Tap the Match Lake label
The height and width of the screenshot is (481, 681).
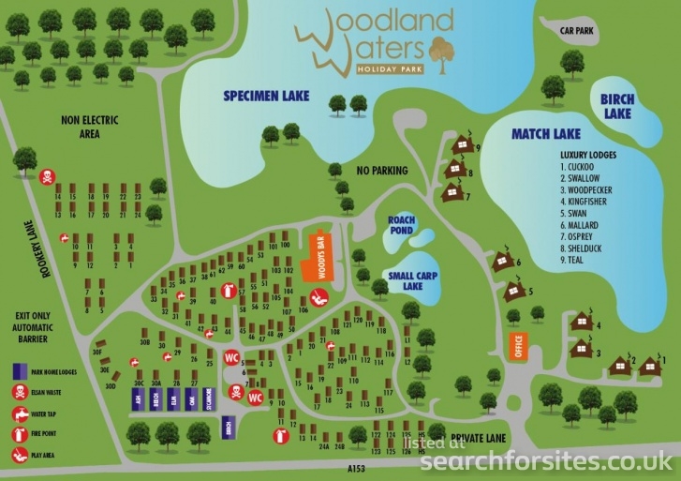[546, 134]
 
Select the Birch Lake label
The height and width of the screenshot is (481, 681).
[617, 106]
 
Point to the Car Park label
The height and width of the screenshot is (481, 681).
[578, 29]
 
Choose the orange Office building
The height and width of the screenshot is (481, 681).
[514, 347]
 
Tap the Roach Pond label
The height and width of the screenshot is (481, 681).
[402, 224]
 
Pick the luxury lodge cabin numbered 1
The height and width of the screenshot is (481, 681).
[649, 363]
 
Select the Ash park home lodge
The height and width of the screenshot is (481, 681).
[139, 401]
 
